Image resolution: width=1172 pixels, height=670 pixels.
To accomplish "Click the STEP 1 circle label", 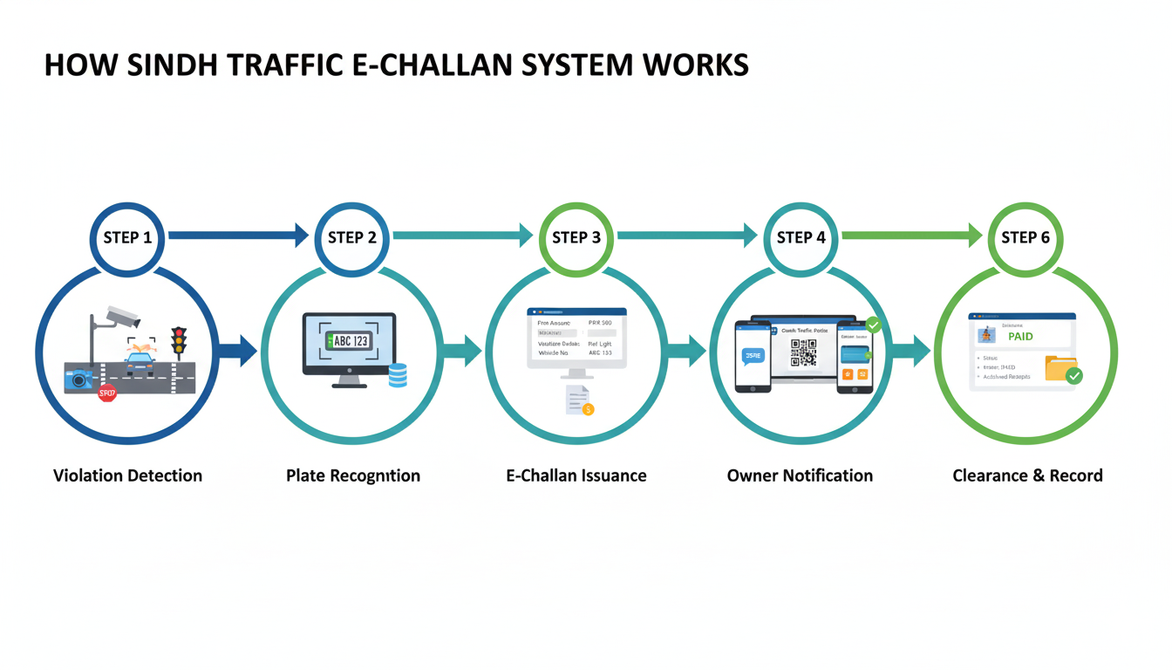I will click(127, 238).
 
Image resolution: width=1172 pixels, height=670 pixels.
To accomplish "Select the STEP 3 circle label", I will click(576, 238).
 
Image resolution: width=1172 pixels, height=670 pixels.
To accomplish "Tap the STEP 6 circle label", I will click(1025, 238).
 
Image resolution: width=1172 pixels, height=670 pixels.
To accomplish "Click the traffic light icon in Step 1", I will click(179, 341).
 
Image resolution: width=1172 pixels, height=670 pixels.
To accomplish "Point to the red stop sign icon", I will click(107, 393).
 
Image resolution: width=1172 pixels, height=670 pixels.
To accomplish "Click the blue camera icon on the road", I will click(78, 378).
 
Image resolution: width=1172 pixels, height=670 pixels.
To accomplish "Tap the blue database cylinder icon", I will click(398, 375).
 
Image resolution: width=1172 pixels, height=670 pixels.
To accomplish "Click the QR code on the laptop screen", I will click(803, 352).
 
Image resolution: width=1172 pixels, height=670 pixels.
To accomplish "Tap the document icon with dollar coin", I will click(579, 400).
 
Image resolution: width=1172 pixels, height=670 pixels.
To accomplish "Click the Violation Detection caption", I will click(127, 475).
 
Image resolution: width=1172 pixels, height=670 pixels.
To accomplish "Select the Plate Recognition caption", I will click(352, 475).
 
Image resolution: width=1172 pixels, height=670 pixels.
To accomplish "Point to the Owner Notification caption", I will click(800, 475).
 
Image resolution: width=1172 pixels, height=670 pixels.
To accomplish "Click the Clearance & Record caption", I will click(1027, 475).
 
